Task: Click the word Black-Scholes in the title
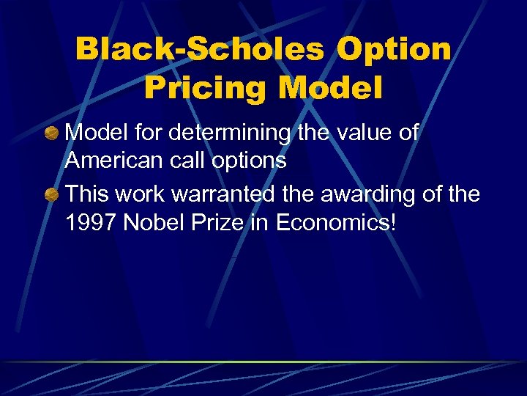pyautogui.click(x=199, y=50)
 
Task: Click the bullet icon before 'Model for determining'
pyautogui.click(x=52, y=133)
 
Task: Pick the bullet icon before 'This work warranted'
pyautogui.click(x=52, y=194)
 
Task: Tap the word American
pyautogui.click(x=114, y=160)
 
